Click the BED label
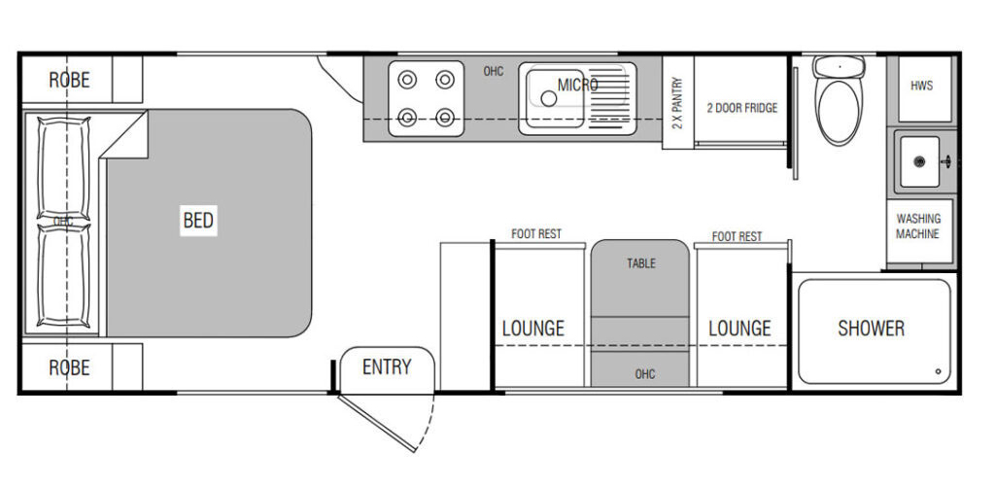click(198, 221)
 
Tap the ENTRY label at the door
click(387, 366)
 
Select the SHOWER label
click(871, 328)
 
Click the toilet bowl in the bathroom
click(839, 111)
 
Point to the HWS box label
click(921, 85)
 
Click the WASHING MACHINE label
click(917, 226)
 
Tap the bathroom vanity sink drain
click(919, 161)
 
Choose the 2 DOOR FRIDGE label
click(741, 108)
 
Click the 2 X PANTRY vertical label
click(677, 103)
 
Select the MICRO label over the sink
click(577, 85)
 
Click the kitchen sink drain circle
click(549, 98)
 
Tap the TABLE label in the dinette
click(641, 263)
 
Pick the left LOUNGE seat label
click(533, 328)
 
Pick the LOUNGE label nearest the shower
click(739, 328)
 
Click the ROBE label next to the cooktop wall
click(69, 80)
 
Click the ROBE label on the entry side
click(69, 367)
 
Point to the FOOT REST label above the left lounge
click(536, 234)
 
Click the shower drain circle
click(938, 372)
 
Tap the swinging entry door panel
click(376, 423)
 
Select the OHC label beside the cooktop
click(493, 72)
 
